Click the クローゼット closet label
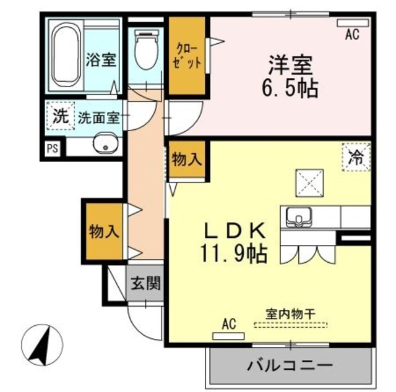187,55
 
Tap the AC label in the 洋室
351,35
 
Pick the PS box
53,149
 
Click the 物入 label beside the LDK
186,159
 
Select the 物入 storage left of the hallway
103,232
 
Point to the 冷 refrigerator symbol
356,157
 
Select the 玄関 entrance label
145,284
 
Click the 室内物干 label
291,314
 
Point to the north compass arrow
42,346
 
